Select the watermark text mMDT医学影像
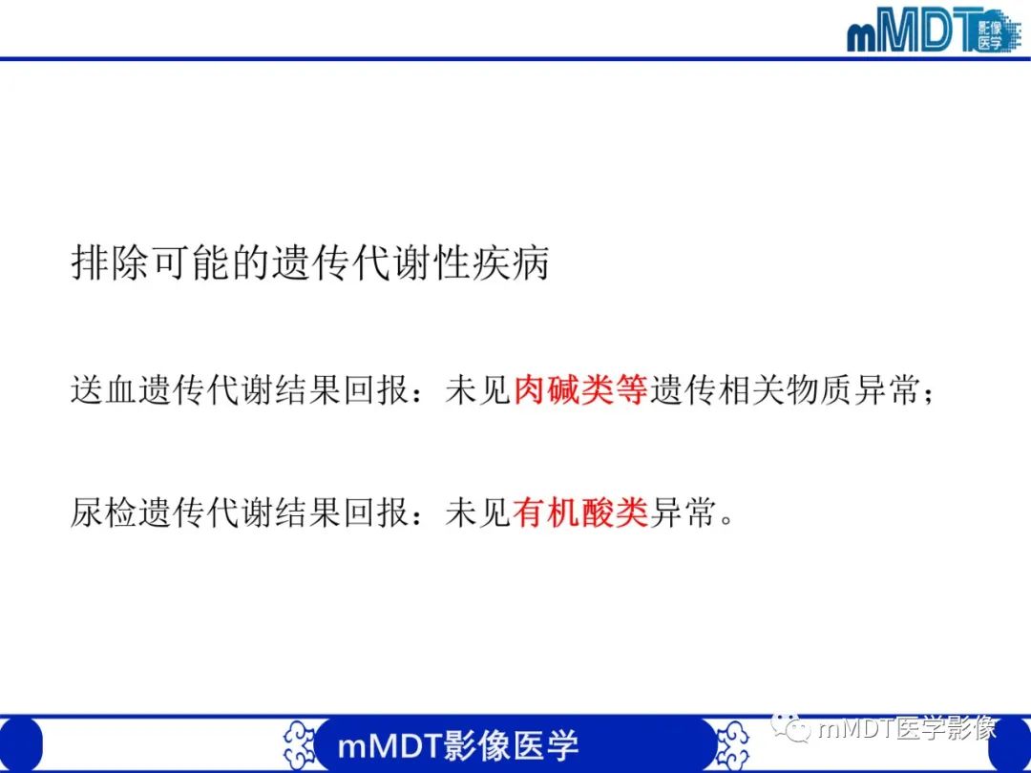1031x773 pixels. tap(907, 730)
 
